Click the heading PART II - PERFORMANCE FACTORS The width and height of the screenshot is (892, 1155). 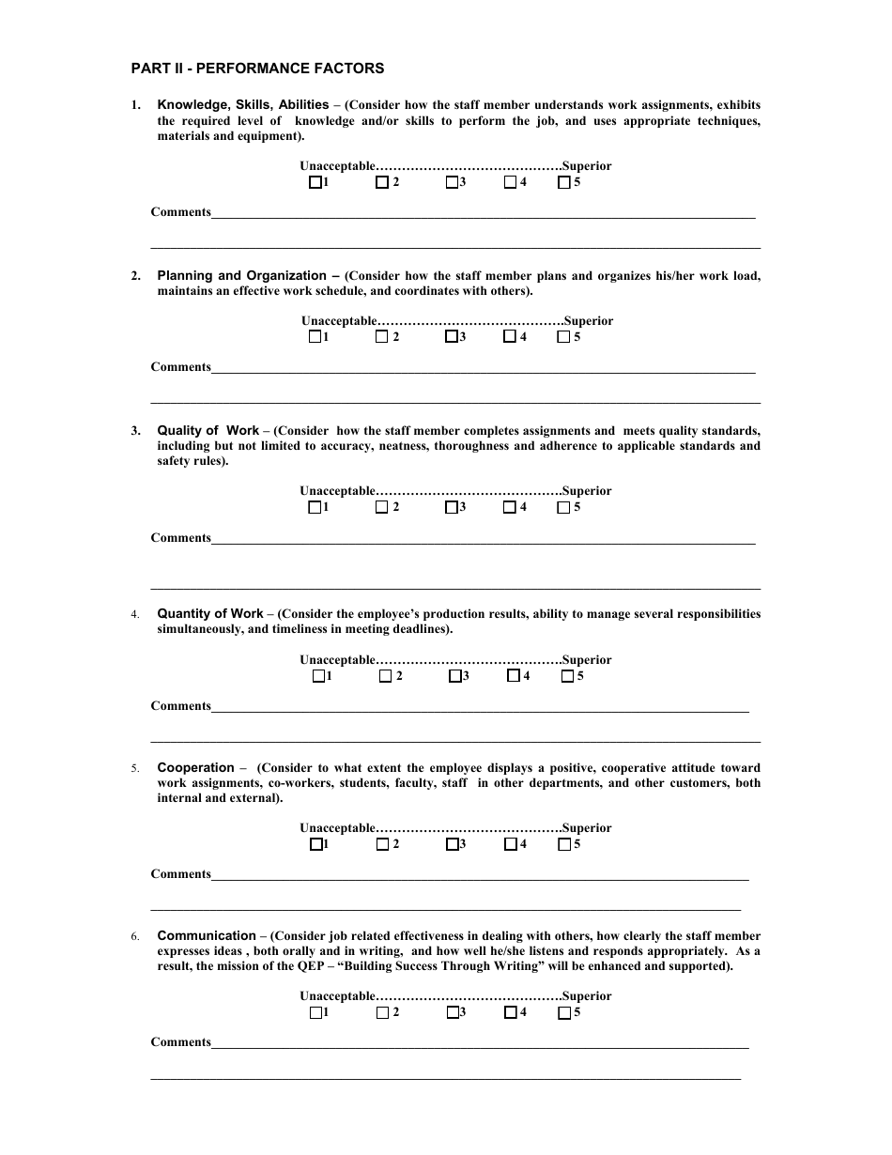(257, 69)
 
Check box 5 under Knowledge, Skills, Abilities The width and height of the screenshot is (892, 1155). (563, 183)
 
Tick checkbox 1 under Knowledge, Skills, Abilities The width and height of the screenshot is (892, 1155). (315, 183)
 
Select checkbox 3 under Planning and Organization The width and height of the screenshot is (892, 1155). (452, 337)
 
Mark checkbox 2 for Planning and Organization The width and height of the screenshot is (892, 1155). (382, 337)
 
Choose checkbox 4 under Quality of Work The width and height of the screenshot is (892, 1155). (509, 508)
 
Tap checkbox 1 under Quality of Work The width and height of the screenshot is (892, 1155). (315, 508)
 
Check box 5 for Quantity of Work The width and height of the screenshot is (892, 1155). (567, 676)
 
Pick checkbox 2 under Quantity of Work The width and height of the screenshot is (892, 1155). (386, 676)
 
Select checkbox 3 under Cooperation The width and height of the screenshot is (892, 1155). (452, 844)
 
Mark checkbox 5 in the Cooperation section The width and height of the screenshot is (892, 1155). (564, 844)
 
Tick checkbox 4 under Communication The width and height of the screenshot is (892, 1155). (510, 1013)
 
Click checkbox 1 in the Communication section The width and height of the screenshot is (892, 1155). (315, 1013)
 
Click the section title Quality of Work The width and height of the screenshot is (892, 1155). (208, 431)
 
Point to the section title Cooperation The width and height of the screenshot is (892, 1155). (195, 768)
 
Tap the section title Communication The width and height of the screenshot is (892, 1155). (206, 936)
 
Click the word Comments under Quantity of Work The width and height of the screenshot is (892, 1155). (181, 706)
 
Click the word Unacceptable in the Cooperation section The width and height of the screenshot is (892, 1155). (338, 828)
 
